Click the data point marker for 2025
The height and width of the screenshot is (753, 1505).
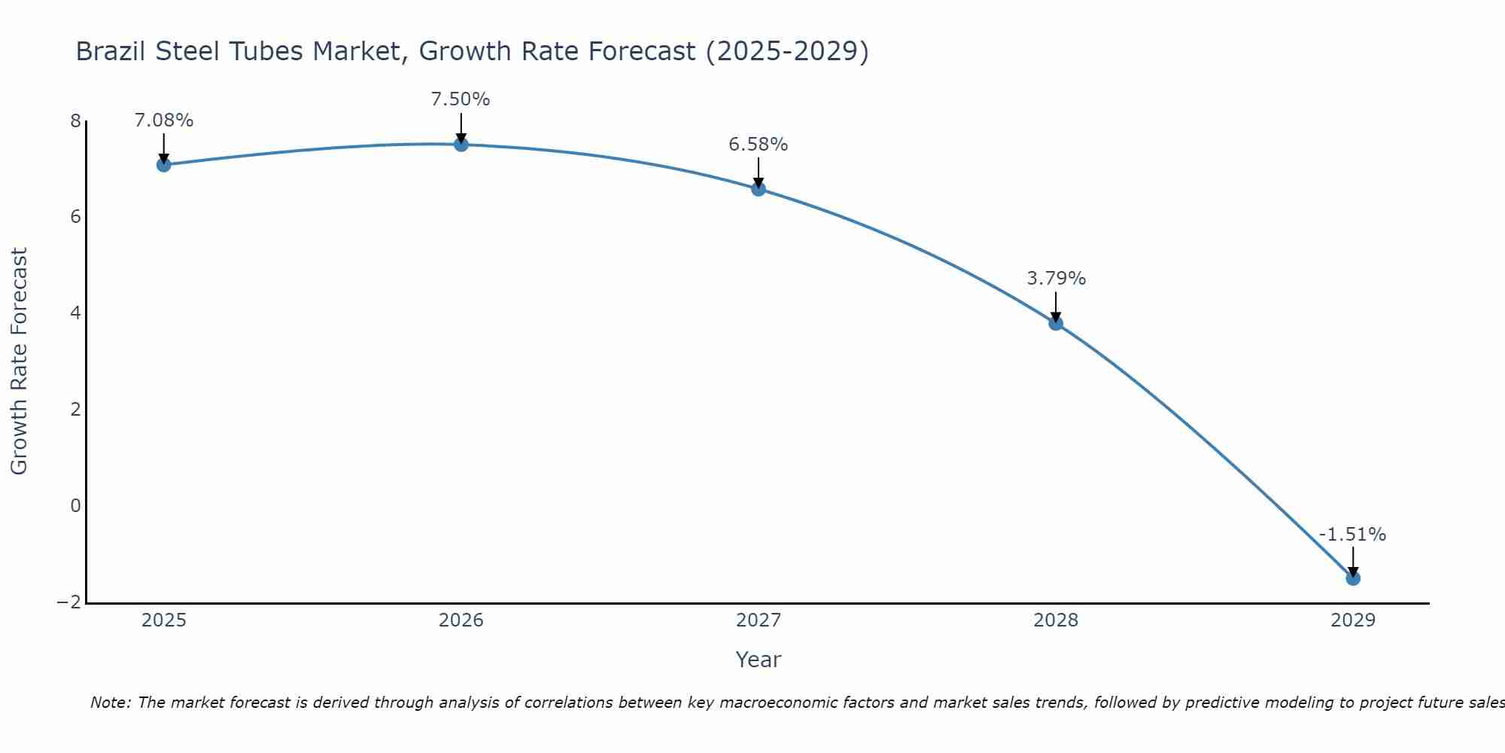pos(164,165)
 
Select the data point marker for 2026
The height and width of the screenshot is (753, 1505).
pos(461,145)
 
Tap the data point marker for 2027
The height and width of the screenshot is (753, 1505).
pos(759,189)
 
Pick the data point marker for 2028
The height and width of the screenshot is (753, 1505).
pos(1056,323)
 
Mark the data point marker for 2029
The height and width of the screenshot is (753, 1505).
pos(1353,578)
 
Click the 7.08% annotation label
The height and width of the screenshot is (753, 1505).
pos(164,120)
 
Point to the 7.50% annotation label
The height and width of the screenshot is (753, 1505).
pos(461,99)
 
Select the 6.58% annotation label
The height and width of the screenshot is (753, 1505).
pos(759,145)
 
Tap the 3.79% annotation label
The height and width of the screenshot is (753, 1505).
pos(1057,279)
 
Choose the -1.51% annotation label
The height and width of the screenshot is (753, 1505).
pos(1352,535)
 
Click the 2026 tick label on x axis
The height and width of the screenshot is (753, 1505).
pos(461,620)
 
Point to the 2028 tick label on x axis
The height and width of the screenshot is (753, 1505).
pos(1056,620)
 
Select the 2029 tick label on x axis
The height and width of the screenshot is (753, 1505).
pos(1353,620)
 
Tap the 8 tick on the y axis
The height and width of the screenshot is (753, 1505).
pos(75,121)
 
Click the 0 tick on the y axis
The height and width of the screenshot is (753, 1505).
pos(75,506)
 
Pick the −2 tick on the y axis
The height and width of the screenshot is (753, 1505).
pos(69,602)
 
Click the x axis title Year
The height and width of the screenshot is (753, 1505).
pos(759,660)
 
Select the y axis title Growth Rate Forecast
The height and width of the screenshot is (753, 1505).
pos(19,361)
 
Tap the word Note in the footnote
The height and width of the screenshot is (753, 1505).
pos(110,703)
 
